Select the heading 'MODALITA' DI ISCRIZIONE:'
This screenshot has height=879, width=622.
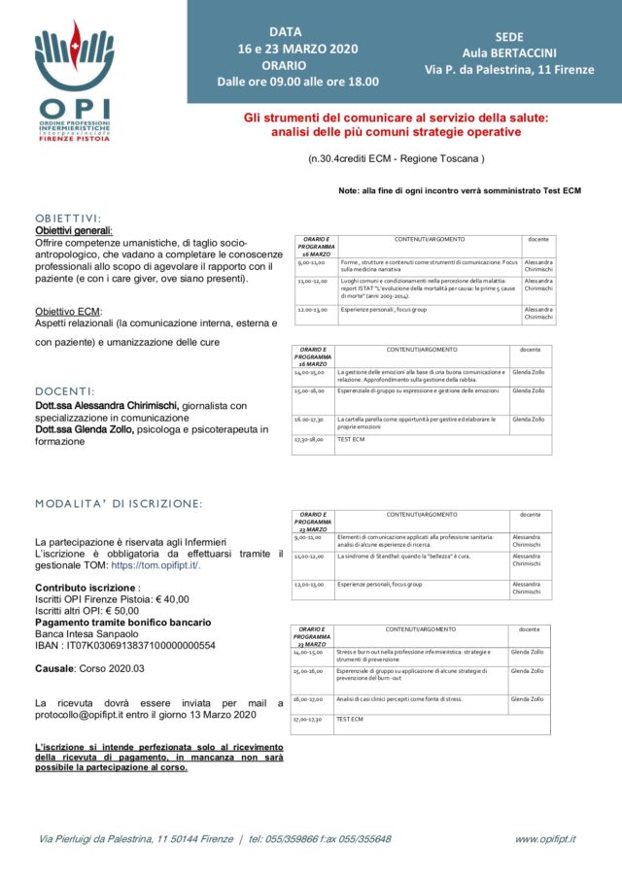pyautogui.click(x=118, y=503)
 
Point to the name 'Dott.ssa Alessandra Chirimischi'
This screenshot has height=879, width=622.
pyautogui.click(x=107, y=405)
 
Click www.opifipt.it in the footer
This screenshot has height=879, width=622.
pyautogui.click(x=545, y=838)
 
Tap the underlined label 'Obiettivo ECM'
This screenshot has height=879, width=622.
pyautogui.click(x=68, y=311)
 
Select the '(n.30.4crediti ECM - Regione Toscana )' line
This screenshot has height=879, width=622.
pyautogui.click(x=396, y=157)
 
